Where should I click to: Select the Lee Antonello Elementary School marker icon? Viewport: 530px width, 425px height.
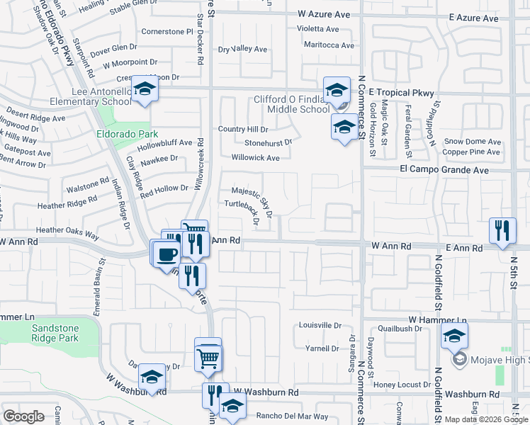coord(144,90)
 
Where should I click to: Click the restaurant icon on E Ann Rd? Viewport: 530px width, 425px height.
coord(501,229)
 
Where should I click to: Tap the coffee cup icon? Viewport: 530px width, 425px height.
coord(167,252)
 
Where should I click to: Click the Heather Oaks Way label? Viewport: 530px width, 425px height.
coord(67,230)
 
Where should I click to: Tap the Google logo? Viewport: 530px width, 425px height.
coord(24,416)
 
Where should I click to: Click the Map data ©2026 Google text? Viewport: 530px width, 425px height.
coord(485,419)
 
